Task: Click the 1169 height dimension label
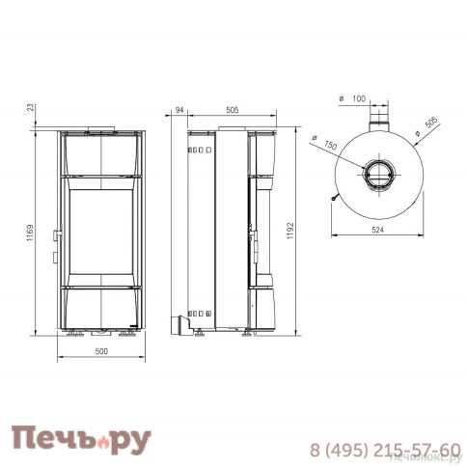tap(34, 232)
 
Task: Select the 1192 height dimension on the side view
tap(290, 232)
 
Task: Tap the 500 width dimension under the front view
tap(101, 351)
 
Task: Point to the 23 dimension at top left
tap(34, 107)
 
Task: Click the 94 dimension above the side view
tap(179, 110)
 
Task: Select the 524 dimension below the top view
tap(375, 231)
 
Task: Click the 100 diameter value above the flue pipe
tap(360, 99)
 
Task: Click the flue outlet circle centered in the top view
tap(376, 175)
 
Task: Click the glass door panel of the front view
tap(101, 231)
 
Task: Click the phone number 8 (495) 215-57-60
tap(384, 450)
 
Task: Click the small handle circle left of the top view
tap(332, 200)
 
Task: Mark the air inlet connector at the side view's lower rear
tap(179, 322)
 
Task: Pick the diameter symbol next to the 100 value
tap(343, 99)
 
